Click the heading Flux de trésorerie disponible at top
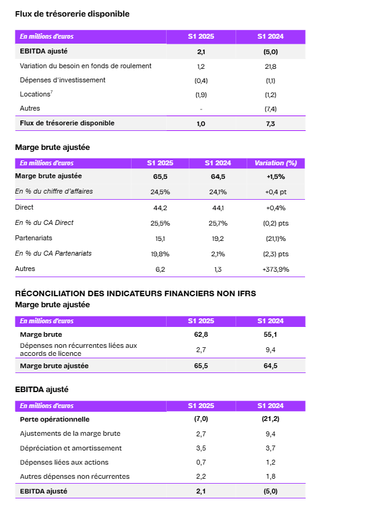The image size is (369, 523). point(72,14)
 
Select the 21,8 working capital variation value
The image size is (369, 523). point(270,67)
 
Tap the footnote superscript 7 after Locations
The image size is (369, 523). point(52,92)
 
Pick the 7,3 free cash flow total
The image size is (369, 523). point(270,124)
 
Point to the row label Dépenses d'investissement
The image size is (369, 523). point(62,80)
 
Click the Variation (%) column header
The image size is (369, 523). point(276,163)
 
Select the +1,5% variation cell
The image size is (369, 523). point(276,177)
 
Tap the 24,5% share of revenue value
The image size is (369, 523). point(160,192)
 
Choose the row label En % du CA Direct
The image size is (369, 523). point(44,223)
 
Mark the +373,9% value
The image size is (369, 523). point(276,270)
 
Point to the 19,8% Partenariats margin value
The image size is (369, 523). point(160,254)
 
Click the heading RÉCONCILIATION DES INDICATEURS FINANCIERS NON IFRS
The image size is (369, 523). point(135,294)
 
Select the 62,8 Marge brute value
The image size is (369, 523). point(201,334)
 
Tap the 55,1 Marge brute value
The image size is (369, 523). point(270,334)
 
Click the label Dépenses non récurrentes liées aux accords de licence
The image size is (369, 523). point(78,350)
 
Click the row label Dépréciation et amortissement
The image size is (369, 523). point(71,448)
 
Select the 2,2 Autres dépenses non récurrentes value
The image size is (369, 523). point(201,477)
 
